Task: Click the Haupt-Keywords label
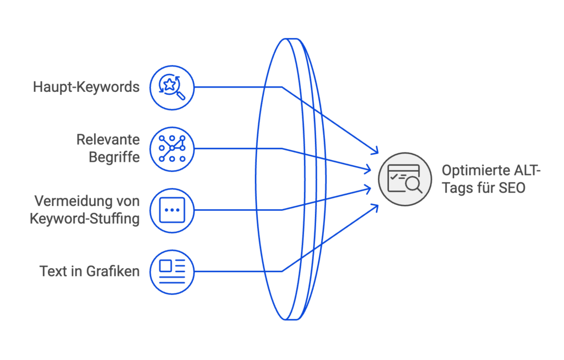click(86, 87)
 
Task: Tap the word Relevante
click(108, 140)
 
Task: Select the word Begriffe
click(114, 157)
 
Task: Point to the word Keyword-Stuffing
click(84, 218)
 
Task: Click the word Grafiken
click(112, 271)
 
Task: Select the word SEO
click(512, 188)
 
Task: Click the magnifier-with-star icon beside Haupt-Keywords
click(172, 87)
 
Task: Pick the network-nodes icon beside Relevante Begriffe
click(172, 149)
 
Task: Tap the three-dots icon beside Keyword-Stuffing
click(172, 210)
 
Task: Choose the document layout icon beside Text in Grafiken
click(172, 271)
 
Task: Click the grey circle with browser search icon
click(405, 179)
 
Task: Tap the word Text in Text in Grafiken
click(53, 271)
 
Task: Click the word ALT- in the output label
click(527, 171)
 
